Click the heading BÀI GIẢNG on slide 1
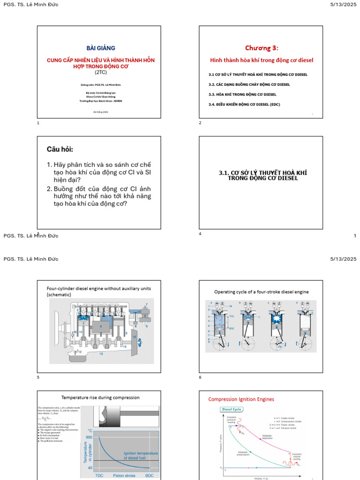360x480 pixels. pyautogui.click(x=100, y=48)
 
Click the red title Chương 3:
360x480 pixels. pyautogui.click(x=261, y=48)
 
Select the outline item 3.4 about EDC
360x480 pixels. pyautogui.click(x=244, y=105)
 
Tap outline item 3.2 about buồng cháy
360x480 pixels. pyautogui.click(x=249, y=84)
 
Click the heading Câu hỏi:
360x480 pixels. pyautogui.click(x=60, y=150)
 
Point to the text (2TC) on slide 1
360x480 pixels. pyautogui.click(x=100, y=73)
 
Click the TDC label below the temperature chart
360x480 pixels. pyautogui.click(x=99, y=475)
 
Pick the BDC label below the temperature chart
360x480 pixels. pyautogui.click(x=149, y=475)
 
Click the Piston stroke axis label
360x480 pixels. pyautogui.click(x=124, y=475)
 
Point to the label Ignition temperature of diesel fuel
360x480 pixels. pyautogui.click(x=141, y=455)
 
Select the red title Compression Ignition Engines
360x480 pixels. pyautogui.click(x=241, y=399)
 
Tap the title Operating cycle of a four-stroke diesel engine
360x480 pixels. pyautogui.click(x=262, y=292)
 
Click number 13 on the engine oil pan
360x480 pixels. pyautogui.click(x=101, y=354)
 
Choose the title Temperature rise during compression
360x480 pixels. pyautogui.click(x=100, y=397)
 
